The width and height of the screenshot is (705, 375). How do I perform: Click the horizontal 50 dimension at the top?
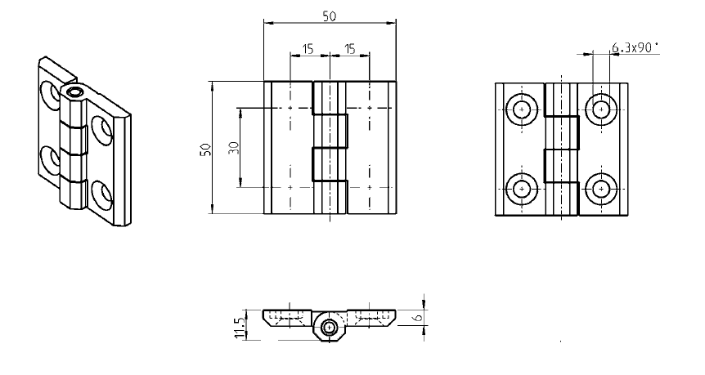[330, 16]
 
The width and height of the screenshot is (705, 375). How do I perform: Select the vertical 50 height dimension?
[205, 148]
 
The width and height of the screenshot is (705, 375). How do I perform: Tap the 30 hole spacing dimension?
[233, 148]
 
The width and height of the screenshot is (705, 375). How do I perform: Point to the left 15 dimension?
[308, 50]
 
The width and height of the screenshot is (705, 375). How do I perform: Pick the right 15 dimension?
[349, 50]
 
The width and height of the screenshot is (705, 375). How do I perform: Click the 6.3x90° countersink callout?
[635, 48]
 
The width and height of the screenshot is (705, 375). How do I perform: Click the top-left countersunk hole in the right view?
[522, 109]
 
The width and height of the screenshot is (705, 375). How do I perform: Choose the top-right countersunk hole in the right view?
[601, 109]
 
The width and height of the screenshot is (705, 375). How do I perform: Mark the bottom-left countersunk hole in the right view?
[522, 189]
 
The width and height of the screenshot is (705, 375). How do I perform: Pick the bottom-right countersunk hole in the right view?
[601, 189]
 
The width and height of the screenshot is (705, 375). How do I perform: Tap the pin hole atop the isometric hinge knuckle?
[74, 93]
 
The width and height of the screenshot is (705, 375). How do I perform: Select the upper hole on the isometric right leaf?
[102, 128]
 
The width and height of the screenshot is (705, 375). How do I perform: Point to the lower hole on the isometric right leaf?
[102, 194]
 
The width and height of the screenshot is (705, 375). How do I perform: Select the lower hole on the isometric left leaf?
[50, 158]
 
